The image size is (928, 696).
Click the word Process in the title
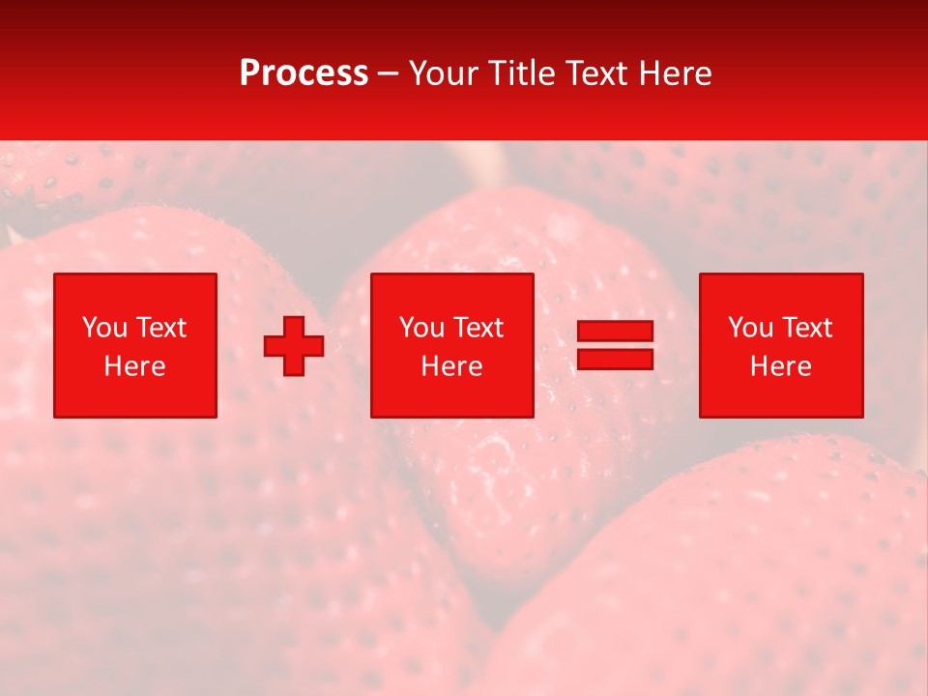point(304,73)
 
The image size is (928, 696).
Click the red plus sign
point(294,345)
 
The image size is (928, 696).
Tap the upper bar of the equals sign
point(615,331)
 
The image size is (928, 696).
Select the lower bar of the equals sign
point(615,360)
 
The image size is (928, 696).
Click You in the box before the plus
point(104,328)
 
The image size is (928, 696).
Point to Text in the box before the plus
point(160,328)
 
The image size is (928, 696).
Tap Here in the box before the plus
point(134,366)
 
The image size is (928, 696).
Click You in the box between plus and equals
point(421,328)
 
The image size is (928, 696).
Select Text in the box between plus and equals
point(478,328)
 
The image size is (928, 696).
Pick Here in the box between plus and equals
point(451,366)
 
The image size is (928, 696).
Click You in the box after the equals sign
point(750,328)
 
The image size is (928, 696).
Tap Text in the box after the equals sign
point(806,328)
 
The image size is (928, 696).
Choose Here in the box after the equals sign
point(780,366)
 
